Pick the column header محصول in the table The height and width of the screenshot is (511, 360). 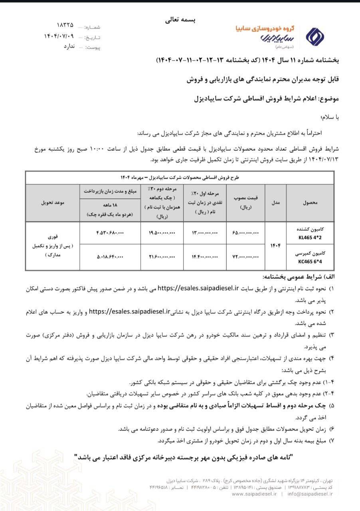click(x=311, y=203)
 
